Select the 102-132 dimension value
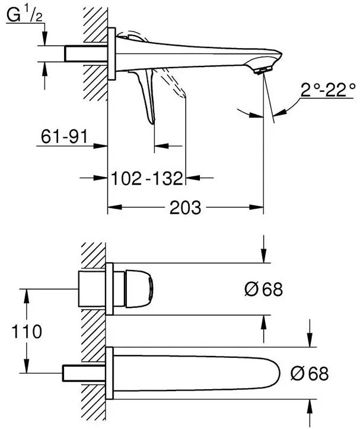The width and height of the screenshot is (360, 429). coord(147,177)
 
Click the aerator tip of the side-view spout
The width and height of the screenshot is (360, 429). coord(260,70)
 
